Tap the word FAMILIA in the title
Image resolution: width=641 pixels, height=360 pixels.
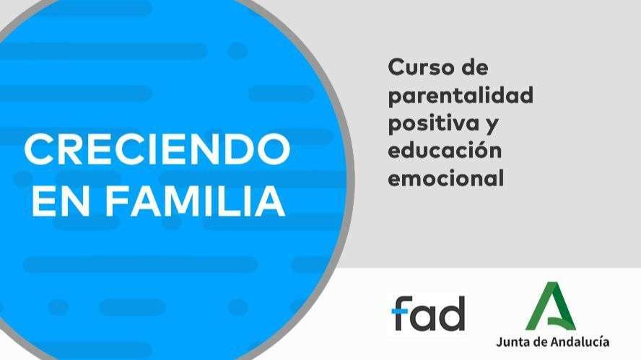click(194, 202)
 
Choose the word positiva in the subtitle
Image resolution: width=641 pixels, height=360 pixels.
click(436, 123)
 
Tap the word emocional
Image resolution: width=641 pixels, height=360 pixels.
click(445, 178)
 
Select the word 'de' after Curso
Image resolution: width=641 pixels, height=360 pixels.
click(474, 69)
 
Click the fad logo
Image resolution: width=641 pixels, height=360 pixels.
click(428, 312)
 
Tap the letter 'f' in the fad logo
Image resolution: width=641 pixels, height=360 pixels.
click(401, 312)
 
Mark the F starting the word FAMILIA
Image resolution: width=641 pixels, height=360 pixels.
click(115, 202)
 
